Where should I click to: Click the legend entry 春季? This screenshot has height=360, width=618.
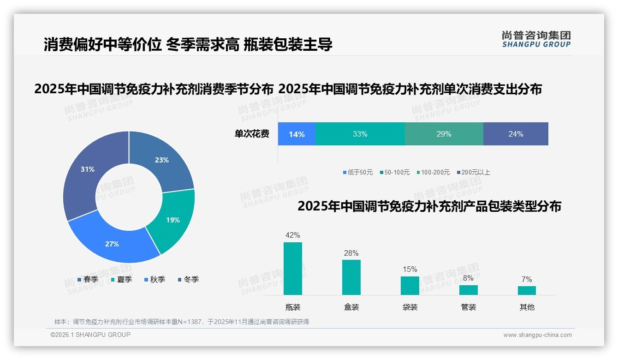pos(88,279)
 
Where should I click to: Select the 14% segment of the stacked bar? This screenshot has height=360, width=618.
pos(297,134)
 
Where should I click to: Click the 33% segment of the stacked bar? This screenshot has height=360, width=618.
pos(360,134)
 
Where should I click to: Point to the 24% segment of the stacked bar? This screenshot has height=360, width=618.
pos(516,134)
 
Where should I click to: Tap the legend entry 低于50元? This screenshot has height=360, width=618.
pos(358,172)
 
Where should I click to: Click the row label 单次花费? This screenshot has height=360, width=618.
pos(252,134)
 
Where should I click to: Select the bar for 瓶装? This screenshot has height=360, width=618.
pos(293,269)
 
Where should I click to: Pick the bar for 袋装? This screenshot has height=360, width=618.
pos(410,286)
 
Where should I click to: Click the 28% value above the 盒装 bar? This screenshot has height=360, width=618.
pos(351,253)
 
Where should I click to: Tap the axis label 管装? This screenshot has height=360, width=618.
pos(469,307)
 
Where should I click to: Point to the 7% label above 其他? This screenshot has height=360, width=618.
pos(527,279)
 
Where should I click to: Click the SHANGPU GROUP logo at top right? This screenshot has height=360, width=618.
pos(536,39)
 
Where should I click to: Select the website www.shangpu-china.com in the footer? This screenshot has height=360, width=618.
pos(537,335)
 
